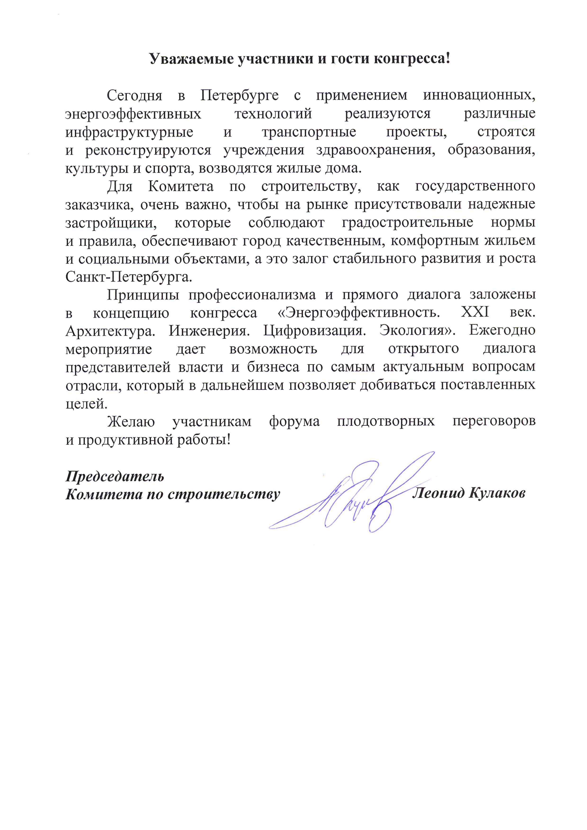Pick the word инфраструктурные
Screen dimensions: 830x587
pos(129,132)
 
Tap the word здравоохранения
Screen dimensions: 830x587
pos(375,150)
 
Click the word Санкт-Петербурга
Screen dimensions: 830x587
pos(129,277)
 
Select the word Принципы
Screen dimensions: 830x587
pos(143,295)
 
